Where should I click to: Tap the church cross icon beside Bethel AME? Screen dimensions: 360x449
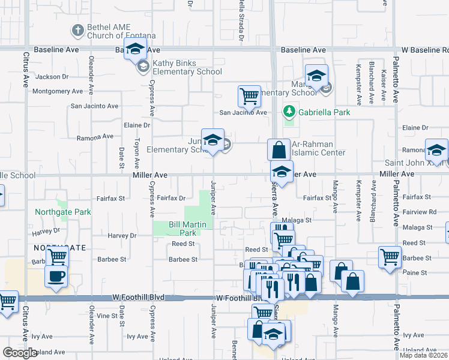(x=77, y=29)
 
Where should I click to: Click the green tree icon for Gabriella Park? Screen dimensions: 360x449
(x=289, y=112)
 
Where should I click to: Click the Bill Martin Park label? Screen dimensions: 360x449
(x=182, y=229)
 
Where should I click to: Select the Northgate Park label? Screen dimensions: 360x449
(x=62, y=212)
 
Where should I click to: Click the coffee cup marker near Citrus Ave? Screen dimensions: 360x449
(x=56, y=277)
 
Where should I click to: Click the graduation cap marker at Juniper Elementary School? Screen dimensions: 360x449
(x=212, y=140)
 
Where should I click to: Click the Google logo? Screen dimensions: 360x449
(x=20, y=353)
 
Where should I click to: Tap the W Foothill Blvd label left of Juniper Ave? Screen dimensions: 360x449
(x=138, y=298)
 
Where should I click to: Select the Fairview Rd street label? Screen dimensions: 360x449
(x=420, y=212)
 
